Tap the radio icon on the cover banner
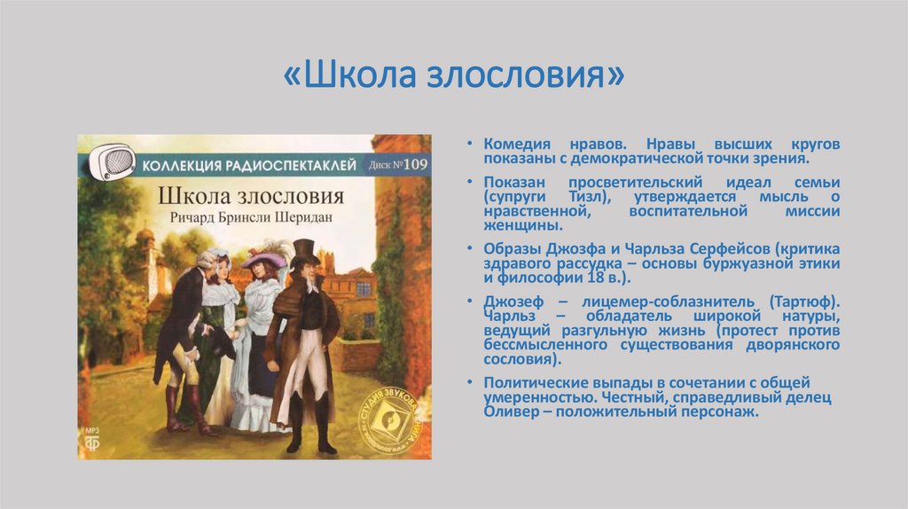tap(116, 162)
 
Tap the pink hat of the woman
tap(263, 259)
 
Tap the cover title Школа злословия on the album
tap(250, 195)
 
